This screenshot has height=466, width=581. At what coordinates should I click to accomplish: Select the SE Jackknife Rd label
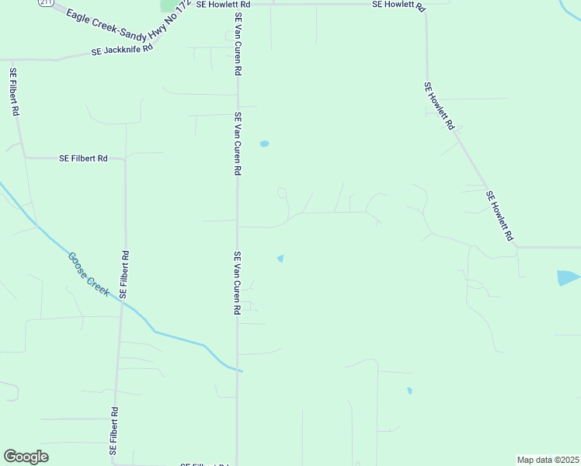point(122,50)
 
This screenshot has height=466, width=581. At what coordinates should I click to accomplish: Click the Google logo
point(26,457)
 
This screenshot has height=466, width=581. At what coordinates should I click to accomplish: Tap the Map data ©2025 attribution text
point(548,459)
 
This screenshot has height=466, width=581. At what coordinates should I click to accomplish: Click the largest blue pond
point(568,277)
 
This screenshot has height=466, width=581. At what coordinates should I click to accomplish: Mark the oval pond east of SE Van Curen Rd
point(264,144)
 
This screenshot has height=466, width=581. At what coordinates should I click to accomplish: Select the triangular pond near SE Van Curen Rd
point(280,258)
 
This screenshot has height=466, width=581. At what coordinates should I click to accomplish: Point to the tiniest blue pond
point(409,391)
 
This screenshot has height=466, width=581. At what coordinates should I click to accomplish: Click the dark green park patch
point(169,5)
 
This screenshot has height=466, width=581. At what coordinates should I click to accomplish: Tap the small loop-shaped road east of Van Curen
point(282,192)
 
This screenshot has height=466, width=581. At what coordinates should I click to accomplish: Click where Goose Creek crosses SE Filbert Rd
point(122,299)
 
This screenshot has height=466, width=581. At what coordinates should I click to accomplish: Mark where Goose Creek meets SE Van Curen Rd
point(238,370)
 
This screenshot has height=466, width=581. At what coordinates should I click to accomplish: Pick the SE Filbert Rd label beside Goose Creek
point(124,275)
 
